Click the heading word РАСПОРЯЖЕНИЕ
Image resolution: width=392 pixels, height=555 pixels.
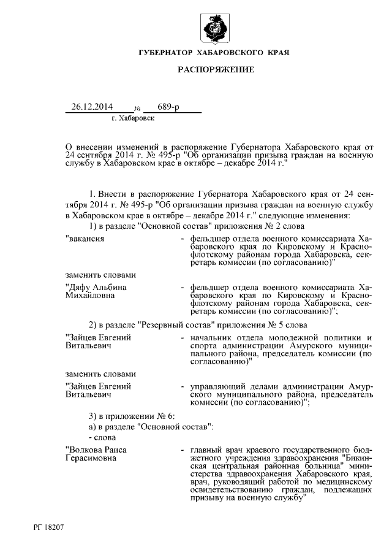click(x=216, y=71)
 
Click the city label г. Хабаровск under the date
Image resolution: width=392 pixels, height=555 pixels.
click(x=133, y=118)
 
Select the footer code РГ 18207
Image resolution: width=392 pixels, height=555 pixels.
click(x=48, y=527)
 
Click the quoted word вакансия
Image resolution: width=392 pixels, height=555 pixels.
click(x=86, y=237)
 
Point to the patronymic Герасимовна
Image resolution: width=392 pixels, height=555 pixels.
click(x=91, y=458)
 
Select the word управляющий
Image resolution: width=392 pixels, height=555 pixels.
click(x=218, y=386)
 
